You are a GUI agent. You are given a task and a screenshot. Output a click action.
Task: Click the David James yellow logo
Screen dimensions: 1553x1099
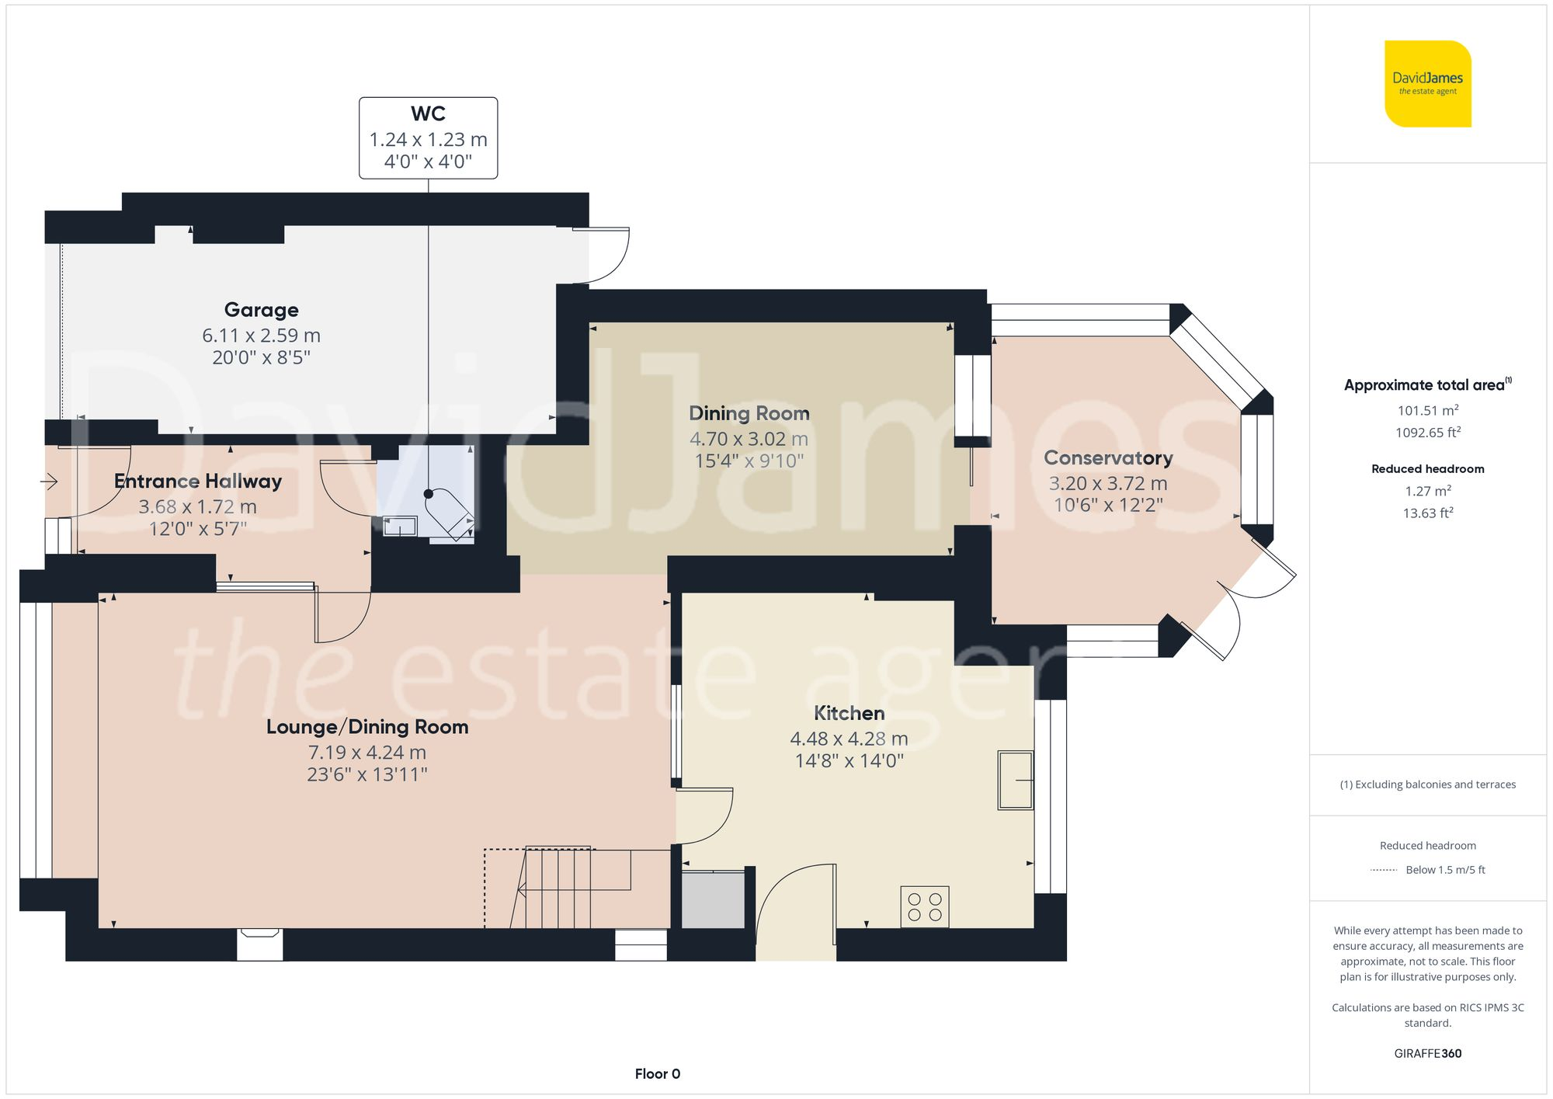1428,84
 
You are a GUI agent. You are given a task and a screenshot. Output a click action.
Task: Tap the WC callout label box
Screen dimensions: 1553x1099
428,138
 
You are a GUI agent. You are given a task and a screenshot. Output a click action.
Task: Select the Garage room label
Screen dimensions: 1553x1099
262,310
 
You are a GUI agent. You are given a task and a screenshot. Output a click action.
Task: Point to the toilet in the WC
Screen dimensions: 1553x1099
450,512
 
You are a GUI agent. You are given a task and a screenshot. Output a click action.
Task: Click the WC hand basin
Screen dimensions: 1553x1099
400,527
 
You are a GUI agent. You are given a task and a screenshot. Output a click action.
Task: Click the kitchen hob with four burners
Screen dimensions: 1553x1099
925,907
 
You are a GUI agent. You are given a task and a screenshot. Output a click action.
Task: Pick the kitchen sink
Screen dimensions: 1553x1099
1016,781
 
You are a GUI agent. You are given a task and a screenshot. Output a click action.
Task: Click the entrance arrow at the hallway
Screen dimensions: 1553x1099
49,482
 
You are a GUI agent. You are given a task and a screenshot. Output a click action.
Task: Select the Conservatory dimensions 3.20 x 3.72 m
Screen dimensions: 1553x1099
1108,483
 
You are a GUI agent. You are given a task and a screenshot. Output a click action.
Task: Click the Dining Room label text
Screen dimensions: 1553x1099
749,413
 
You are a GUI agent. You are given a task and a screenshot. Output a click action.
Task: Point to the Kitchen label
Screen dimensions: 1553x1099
849,713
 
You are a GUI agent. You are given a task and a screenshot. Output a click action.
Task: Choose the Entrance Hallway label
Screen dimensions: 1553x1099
198,482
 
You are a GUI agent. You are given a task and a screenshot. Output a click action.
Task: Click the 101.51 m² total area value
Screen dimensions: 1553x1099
1428,410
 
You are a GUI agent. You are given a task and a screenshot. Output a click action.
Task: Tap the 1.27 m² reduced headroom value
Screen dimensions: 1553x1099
1428,491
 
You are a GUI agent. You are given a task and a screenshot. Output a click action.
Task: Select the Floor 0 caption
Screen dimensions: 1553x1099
658,1074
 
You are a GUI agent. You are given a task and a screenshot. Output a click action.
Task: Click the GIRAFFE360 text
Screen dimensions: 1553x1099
1428,1054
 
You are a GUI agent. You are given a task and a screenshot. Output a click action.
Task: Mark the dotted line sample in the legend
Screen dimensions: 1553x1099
1384,870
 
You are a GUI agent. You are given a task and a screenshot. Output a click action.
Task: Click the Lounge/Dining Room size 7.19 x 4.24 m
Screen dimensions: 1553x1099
367,753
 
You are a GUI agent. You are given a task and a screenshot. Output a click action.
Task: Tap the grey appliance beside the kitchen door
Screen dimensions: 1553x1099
713,899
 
